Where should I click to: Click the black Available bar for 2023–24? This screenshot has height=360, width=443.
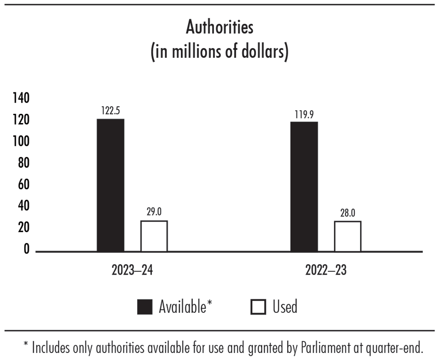click(111, 185)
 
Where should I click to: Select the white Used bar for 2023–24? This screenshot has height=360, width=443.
click(154, 236)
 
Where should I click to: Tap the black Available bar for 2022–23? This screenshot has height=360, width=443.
click(304, 187)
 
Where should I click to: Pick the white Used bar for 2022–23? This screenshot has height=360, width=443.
click(347, 236)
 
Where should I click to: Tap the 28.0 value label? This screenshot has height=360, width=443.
click(347, 213)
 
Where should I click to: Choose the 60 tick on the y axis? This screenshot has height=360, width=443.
click(23, 185)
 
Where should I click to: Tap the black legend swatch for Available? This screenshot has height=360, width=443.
click(145, 307)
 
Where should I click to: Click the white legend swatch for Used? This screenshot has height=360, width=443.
click(258, 307)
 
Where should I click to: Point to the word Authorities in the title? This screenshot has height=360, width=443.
click(220, 28)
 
